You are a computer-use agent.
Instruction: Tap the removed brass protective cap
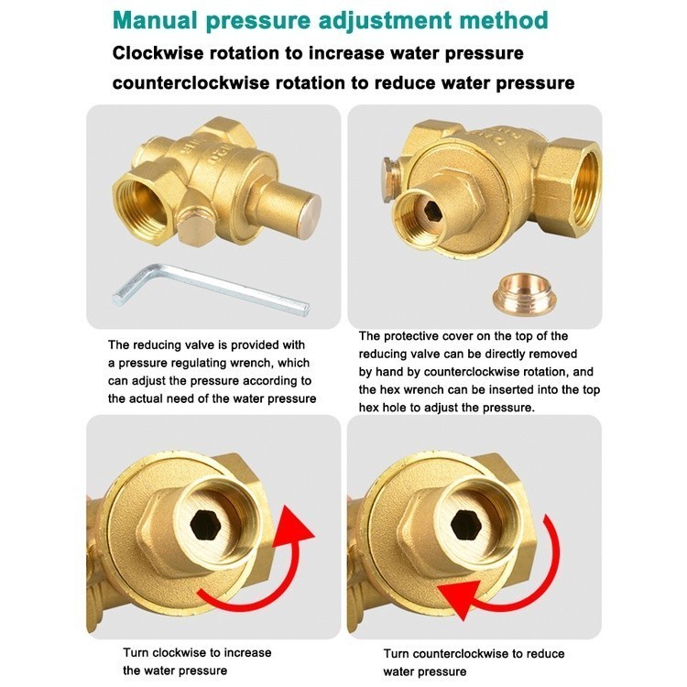click(524, 294)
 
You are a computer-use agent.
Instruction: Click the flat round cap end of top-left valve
click(306, 209)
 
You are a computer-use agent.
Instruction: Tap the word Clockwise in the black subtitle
click(158, 53)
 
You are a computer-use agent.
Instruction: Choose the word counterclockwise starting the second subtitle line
click(191, 82)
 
